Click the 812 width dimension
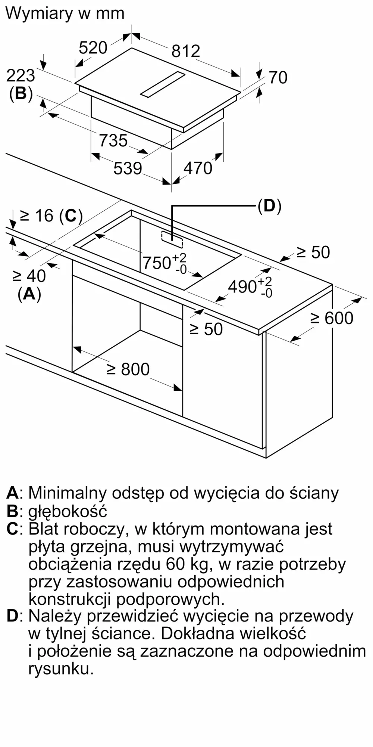(x=186, y=51)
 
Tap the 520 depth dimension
(x=93, y=48)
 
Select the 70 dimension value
(x=278, y=77)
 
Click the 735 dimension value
(x=113, y=140)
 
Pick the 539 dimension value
(x=128, y=168)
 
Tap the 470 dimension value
(x=198, y=168)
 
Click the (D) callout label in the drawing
(x=269, y=206)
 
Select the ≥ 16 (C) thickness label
(x=51, y=216)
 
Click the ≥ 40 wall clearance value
(x=29, y=276)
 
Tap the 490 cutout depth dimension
(x=250, y=287)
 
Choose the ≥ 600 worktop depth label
(x=332, y=318)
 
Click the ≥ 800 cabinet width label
(x=128, y=369)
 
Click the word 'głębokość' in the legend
(x=68, y=511)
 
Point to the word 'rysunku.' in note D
(x=61, y=669)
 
